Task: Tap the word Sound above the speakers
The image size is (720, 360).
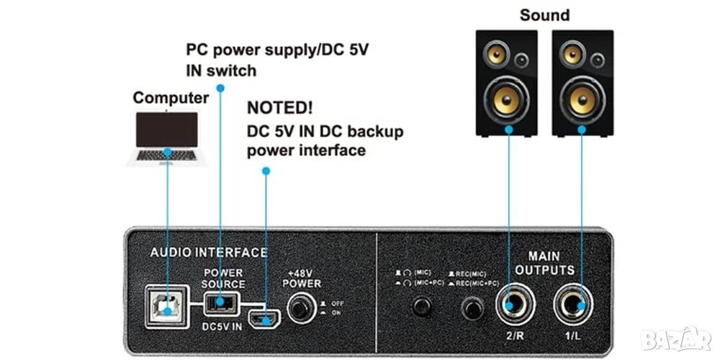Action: [x=544, y=15]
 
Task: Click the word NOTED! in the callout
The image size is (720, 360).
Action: [x=280, y=109]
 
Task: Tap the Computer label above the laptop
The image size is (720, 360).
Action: [x=171, y=98]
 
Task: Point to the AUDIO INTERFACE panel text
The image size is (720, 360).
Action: [x=208, y=253]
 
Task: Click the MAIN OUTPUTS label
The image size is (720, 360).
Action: [x=551, y=264]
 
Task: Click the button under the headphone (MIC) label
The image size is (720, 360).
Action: [x=420, y=309]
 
